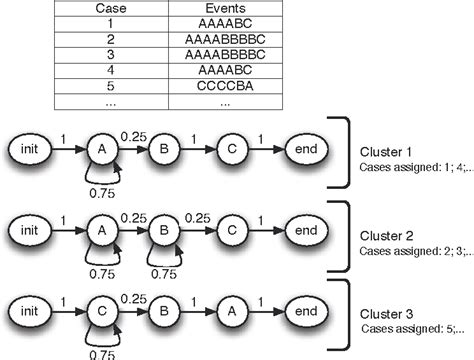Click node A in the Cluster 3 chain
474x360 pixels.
tap(229, 313)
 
